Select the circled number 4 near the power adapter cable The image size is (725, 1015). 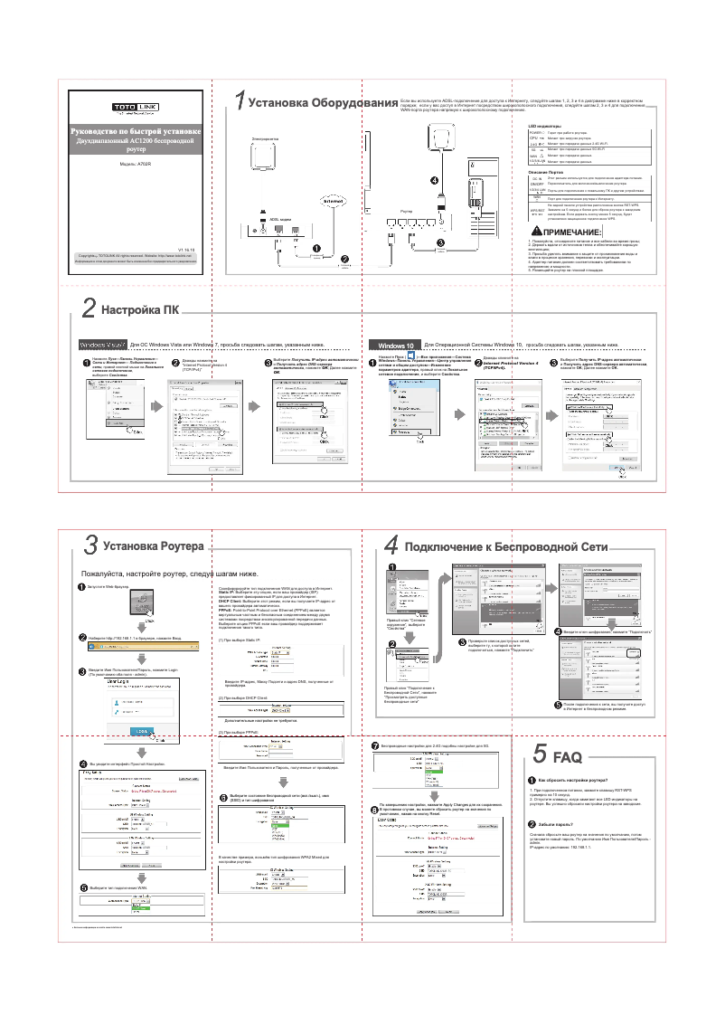[x=434, y=180]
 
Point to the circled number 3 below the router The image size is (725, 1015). [x=440, y=243]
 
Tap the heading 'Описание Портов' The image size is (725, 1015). [x=546, y=171]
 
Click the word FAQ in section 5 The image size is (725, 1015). [x=567, y=756]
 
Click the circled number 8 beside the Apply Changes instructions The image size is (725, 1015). [x=375, y=807]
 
